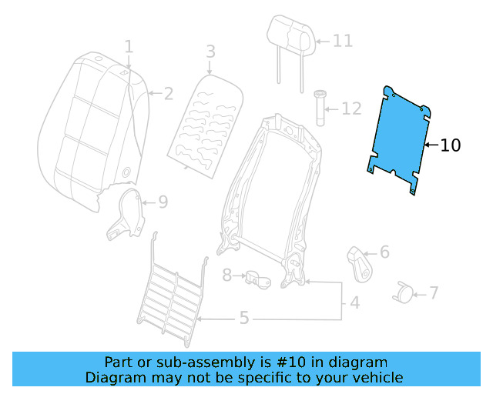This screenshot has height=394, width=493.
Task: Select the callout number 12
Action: (x=350, y=109)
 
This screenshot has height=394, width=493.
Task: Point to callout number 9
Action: (x=163, y=203)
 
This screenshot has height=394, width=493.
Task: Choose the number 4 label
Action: (x=354, y=302)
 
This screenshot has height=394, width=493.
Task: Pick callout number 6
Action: (x=384, y=252)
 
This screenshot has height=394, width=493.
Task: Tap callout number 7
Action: (x=434, y=292)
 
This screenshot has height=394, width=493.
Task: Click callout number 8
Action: (x=227, y=275)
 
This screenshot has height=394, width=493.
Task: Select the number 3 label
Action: (x=210, y=52)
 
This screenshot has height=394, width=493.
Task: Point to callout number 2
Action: (x=168, y=94)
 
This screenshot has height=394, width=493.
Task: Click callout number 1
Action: (x=129, y=48)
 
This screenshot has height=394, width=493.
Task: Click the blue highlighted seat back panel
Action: (x=399, y=140)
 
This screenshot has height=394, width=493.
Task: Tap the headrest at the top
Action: (x=291, y=35)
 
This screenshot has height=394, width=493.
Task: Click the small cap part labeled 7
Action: (x=404, y=291)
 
